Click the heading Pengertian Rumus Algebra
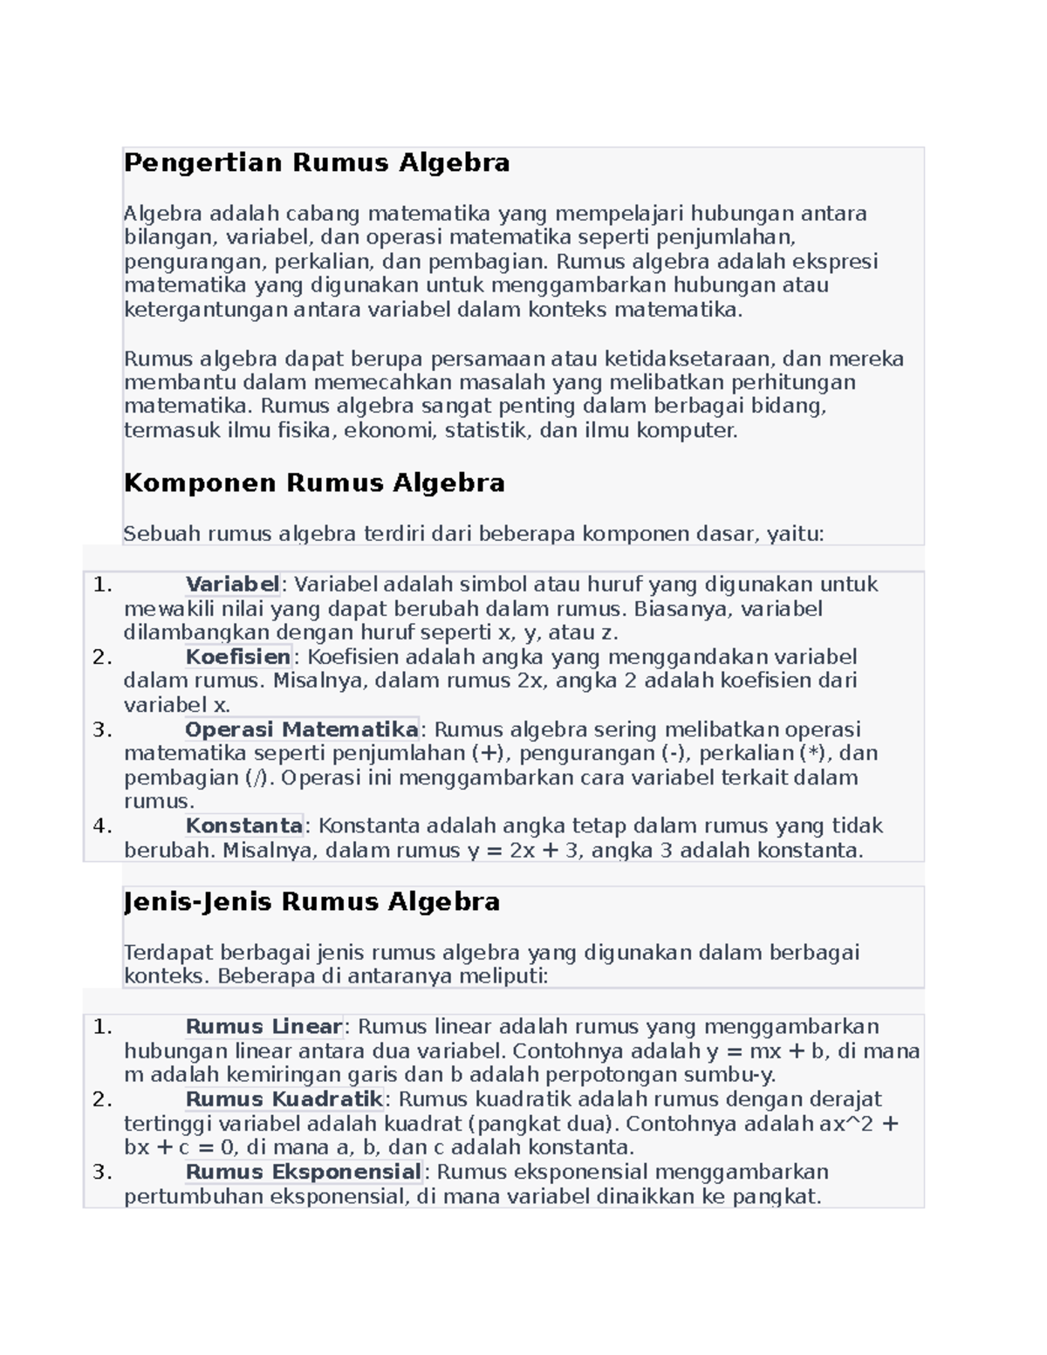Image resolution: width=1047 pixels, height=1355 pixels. [316, 163]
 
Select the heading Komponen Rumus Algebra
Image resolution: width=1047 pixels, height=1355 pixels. [314, 483]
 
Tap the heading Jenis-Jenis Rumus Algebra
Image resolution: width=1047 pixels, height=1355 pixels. [311, 902]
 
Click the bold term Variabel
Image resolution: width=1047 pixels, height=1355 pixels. [232, 585]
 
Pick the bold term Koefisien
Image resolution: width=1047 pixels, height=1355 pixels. [237, 657]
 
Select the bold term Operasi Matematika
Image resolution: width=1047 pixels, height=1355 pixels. [301, 729]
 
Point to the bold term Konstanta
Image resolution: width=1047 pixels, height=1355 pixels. [243, 826]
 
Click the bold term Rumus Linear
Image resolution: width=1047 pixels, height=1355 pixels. [263, 1027]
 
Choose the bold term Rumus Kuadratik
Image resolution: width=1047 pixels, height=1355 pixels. [284, 1099]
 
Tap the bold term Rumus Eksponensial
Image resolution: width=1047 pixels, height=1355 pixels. [303, 1172]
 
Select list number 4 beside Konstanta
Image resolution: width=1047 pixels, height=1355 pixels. [102, 826]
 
